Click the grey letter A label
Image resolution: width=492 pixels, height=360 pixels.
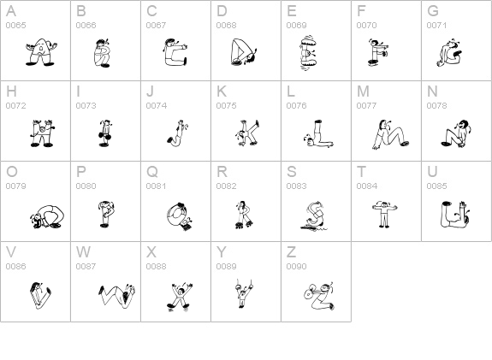click(x=11, y=11)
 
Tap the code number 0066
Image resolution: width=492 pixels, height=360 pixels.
click(x=86, y=26)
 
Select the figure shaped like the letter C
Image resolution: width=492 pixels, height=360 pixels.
click(x=175, y=52)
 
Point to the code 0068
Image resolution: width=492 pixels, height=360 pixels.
click(x=226, y=26)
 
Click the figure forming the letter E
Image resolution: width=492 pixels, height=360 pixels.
click(x=308, y=53)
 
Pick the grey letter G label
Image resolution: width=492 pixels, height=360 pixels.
click(x=433, y=11)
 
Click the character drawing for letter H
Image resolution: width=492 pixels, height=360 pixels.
click(x=42, y=133)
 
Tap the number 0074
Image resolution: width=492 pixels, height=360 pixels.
click(x=157, y=106)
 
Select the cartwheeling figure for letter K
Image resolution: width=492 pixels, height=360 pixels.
click(x=247, y=133)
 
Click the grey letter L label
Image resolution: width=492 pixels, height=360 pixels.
click(x=291, y=91)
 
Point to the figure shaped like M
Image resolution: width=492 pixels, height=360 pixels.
click(x=391, y=134)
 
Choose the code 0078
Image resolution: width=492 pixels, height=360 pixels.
click(x=436, y=106)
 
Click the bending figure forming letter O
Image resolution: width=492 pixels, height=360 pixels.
click(x=47, y=216)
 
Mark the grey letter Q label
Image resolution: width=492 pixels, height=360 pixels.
click(x=152, y=172)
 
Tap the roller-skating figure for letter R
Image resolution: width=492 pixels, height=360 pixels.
click(x=244, y=215)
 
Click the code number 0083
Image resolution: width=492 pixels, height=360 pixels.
click(x=297, y=186)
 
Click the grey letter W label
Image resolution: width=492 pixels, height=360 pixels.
click(x=83, y=252)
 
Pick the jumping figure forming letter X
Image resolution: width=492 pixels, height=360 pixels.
click(x=180, y=297)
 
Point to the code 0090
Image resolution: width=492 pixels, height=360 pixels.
click(x=297, y=266)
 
